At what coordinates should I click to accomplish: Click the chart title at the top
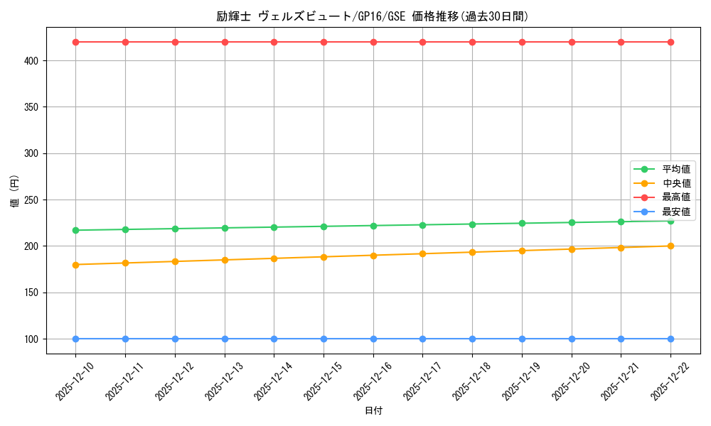373,16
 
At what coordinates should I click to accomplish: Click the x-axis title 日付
373,411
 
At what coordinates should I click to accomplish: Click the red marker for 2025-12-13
225,42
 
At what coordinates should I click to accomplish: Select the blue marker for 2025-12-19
522,339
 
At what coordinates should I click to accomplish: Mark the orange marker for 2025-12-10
75,265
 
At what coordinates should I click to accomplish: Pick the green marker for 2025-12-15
324,226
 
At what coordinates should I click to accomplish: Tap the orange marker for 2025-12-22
670,246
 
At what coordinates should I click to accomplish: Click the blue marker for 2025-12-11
125,339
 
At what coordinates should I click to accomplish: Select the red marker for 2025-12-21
621,42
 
